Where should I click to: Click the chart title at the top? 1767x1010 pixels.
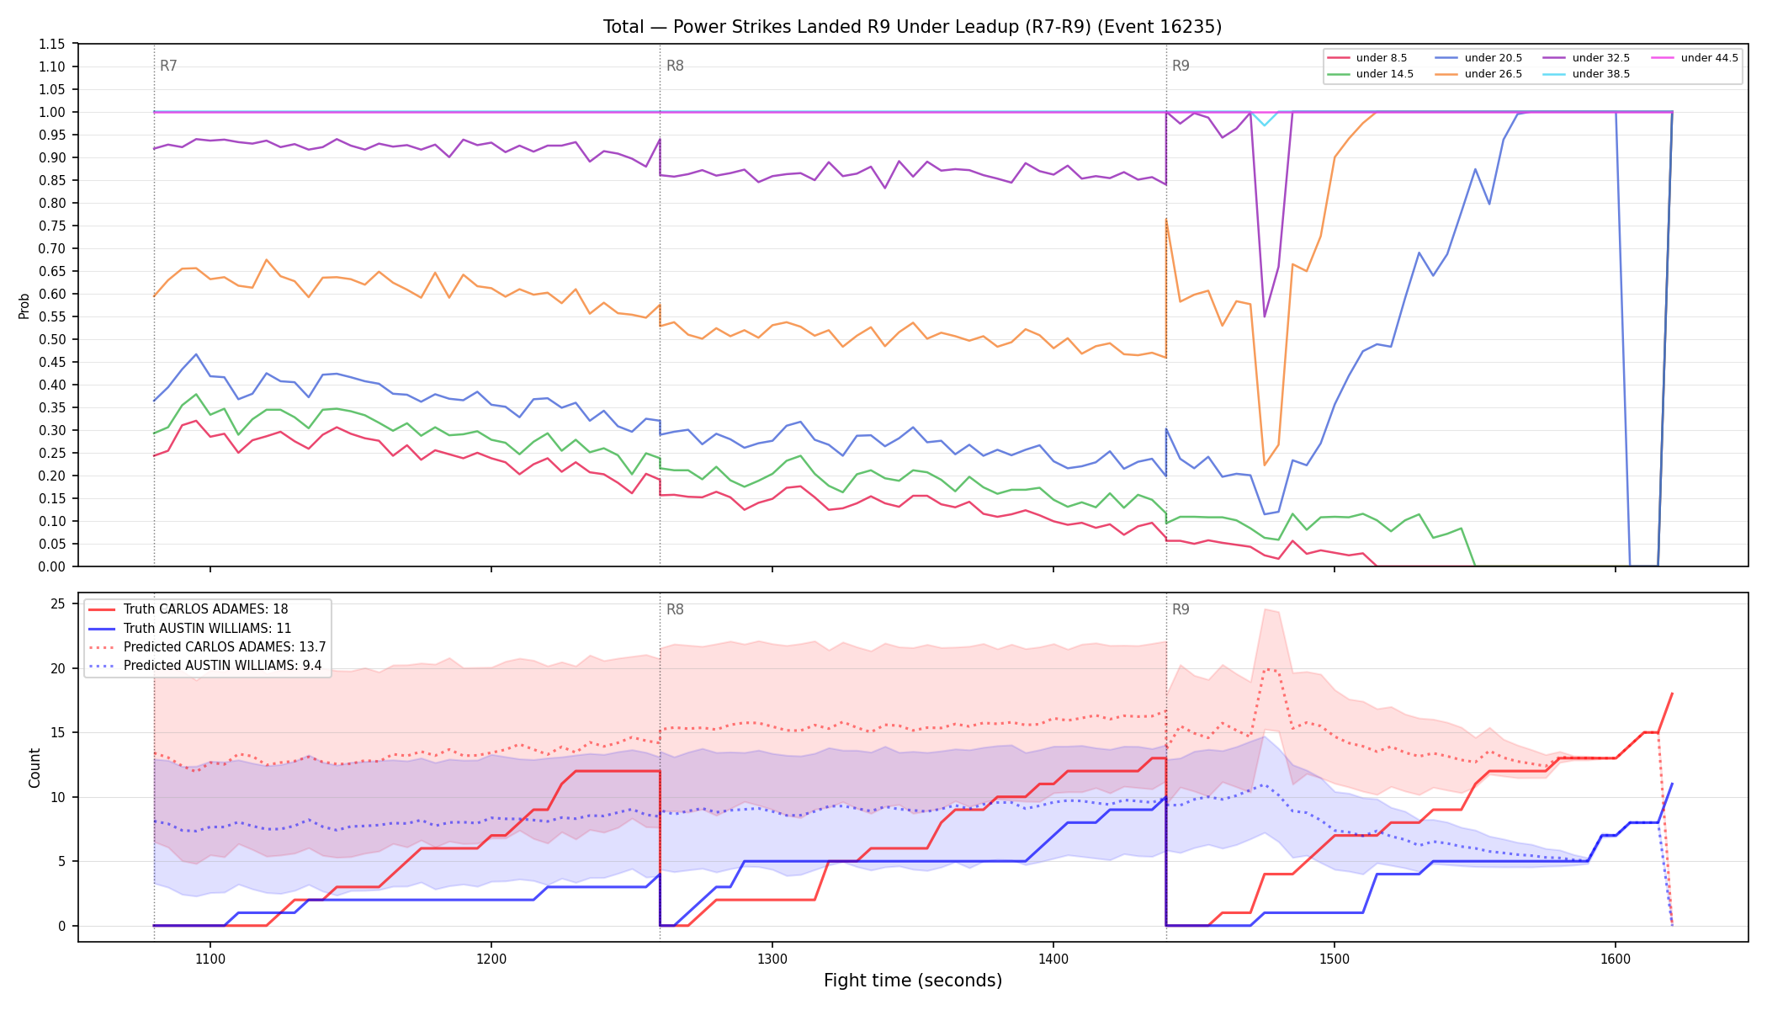pos(912,27)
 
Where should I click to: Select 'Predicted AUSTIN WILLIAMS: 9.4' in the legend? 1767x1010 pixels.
pos(207,666)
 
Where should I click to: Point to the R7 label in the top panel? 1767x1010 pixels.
pos(168,66)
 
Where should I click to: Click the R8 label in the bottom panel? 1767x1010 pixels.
pos(675,609)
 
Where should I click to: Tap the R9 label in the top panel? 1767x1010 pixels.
pos(1181,66)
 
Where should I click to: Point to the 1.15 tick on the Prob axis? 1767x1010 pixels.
pos(52,44)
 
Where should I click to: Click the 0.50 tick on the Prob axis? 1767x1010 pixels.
pos(52,339)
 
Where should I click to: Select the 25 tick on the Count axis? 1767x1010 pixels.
pos(58,603)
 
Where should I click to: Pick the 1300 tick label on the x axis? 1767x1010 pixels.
pos(772,959)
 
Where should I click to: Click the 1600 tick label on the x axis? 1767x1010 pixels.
pos(1615,959)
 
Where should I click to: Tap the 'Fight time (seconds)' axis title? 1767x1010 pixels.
pos(913,981)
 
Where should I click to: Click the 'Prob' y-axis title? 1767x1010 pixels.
pos(24,306)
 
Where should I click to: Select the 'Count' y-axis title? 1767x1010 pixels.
pos(34,768)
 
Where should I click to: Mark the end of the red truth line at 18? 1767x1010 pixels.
pos(1672,694)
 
